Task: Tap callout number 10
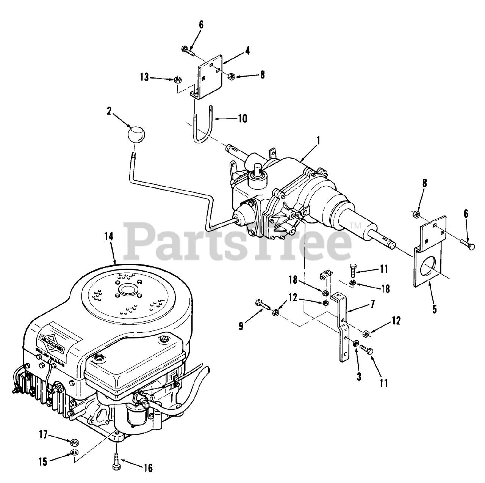click(242, 118)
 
